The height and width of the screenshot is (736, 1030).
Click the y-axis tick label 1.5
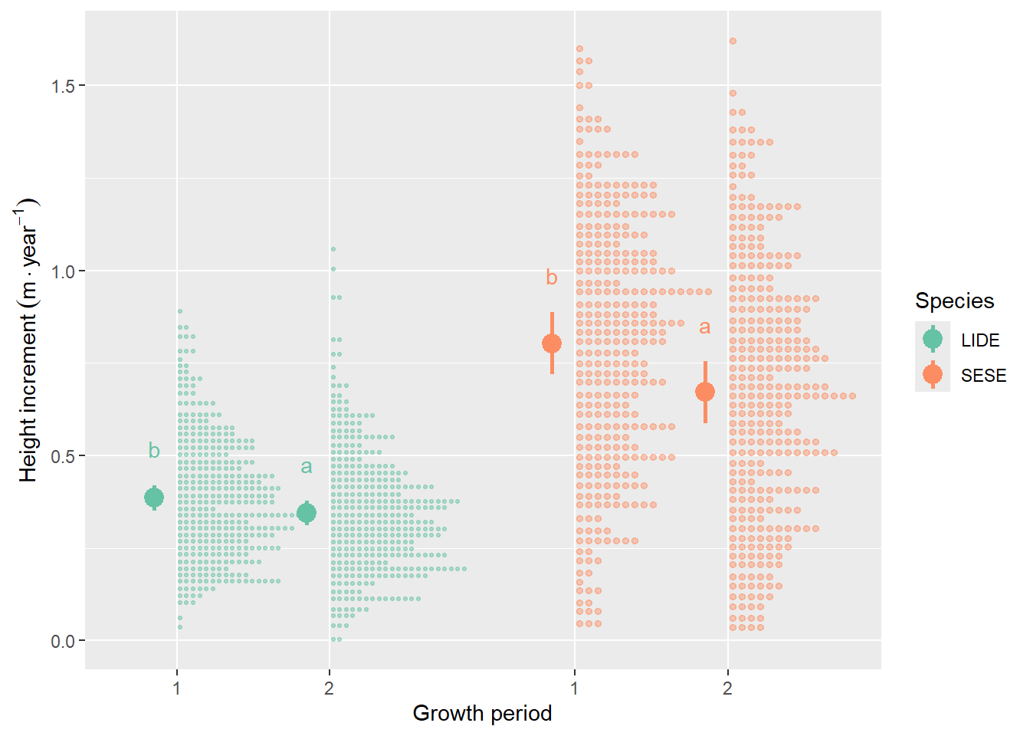click(x=63, y=86)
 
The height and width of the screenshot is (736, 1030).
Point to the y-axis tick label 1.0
click(x=63, y=271)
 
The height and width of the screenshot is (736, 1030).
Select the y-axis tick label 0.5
click(x=63, y=456)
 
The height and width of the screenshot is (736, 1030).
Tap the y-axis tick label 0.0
click(x=63, y=641)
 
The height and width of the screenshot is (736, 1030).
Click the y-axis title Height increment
click(x=28, y=341)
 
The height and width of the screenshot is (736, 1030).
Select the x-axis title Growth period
click(x=482, y=713)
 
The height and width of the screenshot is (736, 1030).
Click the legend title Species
click(x=954, y=301)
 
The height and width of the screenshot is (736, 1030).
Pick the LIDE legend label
click(x=980, y=340)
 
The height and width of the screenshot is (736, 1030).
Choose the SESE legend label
click(x=983, y=376)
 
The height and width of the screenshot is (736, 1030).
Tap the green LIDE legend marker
click(x=933, y=338)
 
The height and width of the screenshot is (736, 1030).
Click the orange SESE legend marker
click(x=933, y=374)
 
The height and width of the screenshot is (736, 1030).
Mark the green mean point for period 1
click(x=154, y=498)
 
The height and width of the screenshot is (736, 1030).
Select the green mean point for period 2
click(x=307, y=513)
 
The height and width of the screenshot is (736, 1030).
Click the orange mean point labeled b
click(x=552, y=343)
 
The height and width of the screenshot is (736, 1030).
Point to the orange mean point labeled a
click(x=705, y=392)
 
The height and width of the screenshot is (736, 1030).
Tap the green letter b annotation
click(x=154, y=451)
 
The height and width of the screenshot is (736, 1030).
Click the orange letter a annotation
click(x=704, y=327)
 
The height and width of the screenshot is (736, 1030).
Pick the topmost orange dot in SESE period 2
click(x=733, y=41)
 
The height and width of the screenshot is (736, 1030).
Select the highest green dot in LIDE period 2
click(x=333, y=249)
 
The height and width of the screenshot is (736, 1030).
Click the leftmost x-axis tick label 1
click(x=177, y=688)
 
